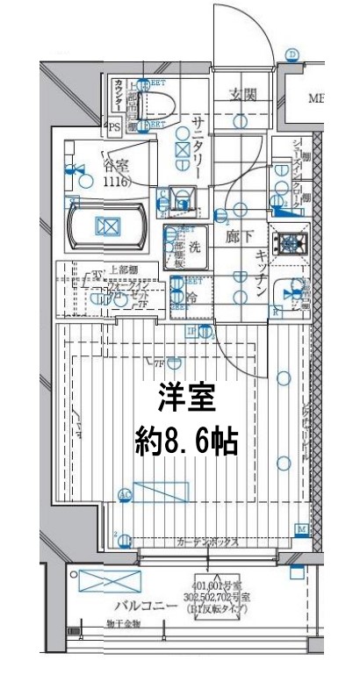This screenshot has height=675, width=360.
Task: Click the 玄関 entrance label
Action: pos(243,95)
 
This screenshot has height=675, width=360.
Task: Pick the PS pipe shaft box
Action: pos(113,127)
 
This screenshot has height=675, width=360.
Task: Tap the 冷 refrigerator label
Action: pos(191,298)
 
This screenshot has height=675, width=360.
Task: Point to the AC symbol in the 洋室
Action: pos(125,495)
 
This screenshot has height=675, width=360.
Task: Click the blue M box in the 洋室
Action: pos(301,529)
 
